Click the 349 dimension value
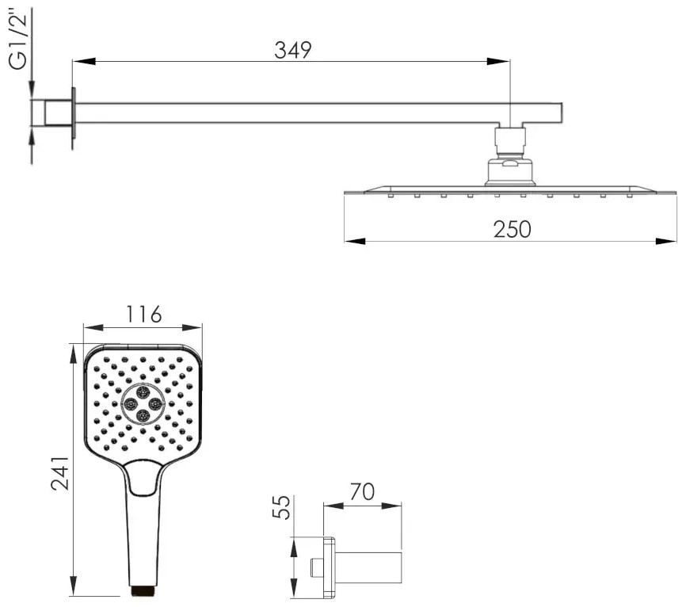tap(292, 50)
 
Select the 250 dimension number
tap(512, 229)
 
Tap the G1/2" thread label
tap(18, 41)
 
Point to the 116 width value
tap(143, 315)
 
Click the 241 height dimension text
tap(60, 473)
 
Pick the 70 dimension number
tap(362, 491)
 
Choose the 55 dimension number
tap(281, 507)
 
